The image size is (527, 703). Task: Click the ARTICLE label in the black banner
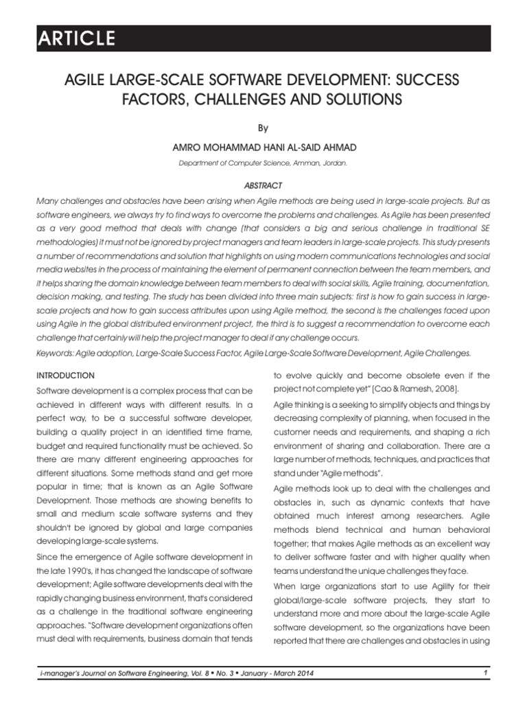[77, 39]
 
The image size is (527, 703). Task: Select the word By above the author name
[263, 128]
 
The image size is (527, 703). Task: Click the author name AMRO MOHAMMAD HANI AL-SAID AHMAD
[263, 148]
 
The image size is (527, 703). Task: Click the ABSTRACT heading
[263, 185]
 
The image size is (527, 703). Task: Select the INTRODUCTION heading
[65, 376]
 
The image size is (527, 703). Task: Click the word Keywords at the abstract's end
[56, 353]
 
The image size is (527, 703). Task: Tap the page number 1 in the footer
[485, 673]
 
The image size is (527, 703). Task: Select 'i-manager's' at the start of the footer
[60, 673]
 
